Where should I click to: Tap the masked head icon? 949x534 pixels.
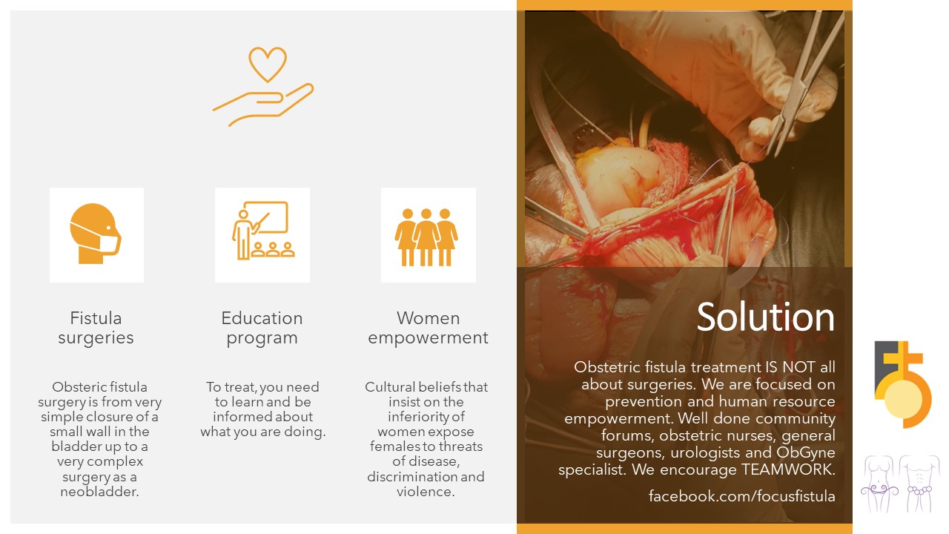[96, 234]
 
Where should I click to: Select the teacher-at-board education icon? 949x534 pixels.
[263, 230]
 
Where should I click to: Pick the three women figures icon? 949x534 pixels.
[426, 237]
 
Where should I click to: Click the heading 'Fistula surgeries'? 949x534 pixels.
[96, 328]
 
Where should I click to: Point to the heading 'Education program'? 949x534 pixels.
[262, 328]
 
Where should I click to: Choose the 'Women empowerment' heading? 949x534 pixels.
[428, 328]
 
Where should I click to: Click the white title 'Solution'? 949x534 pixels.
[766, 317]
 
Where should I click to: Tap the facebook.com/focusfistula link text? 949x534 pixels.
[742, 496]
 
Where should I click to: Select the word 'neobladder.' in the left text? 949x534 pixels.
[99, 492]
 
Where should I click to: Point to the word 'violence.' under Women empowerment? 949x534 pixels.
[426, 492]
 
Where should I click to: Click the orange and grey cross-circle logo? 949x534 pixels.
[903, 384]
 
